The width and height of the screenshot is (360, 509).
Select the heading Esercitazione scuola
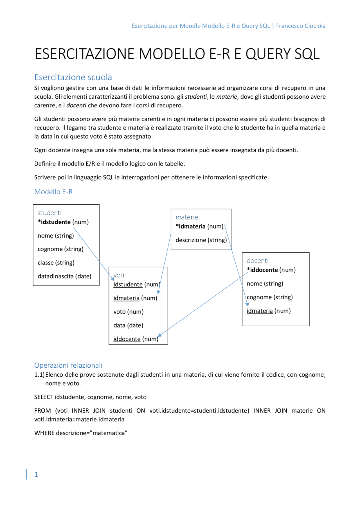(73, 77)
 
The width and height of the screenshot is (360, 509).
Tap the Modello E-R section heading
(53, 192)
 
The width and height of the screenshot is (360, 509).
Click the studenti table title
(49, 213)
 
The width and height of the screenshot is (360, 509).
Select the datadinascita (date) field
(64, 276)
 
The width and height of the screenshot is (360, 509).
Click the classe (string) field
(56, 263)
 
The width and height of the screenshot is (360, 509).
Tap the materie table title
(187, 217)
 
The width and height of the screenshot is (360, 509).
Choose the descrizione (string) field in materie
(201, 240)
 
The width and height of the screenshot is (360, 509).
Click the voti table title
(119, 275)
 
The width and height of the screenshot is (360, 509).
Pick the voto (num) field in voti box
(128, 312)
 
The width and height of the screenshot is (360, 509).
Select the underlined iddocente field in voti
(127, 339)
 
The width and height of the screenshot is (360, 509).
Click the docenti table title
(257, 261)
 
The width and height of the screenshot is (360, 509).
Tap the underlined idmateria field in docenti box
(260, 311)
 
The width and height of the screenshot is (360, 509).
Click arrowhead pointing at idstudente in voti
(113, 279)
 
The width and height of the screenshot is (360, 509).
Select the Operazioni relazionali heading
(68, 365)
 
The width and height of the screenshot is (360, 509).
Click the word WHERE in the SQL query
(44, 433)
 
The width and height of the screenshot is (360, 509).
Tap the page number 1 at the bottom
(36, 474)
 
